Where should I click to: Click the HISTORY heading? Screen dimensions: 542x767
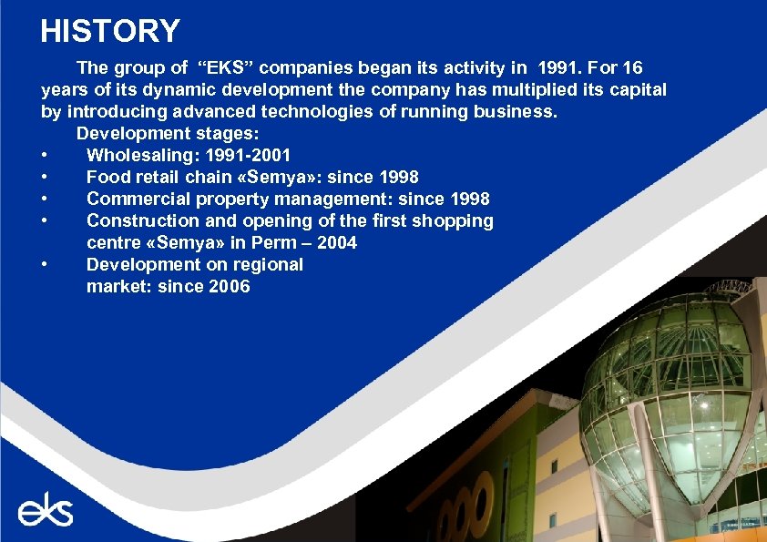click(110, 31)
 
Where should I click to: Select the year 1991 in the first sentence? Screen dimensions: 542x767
click(557, 68)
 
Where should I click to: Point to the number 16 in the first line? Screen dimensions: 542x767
click(633, 68)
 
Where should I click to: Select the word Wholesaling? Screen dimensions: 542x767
click(141, 156)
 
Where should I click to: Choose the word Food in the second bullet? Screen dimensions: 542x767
click(106, 178)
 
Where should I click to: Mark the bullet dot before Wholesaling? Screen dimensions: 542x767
click(44, 156)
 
